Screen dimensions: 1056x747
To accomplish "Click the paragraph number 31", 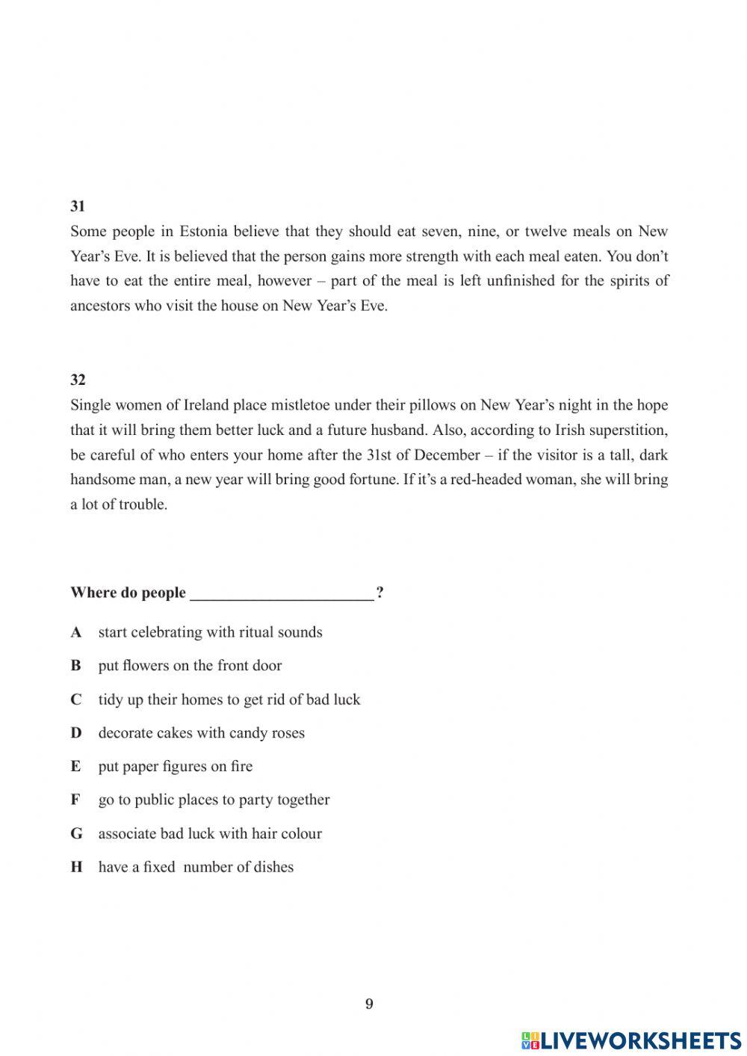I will (78, 206).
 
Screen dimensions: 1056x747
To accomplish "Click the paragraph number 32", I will (78, 380).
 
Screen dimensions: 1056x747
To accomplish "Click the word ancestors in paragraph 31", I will (100, 306).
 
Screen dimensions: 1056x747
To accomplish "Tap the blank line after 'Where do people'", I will (282, 593).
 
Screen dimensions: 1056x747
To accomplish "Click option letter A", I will (76, 632).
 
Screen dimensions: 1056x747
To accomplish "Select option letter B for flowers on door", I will (76, 666).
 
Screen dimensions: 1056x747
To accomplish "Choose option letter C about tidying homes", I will (76, 700).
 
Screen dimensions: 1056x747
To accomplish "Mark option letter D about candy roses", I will (76, 733).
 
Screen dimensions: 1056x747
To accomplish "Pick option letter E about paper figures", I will (76, 767).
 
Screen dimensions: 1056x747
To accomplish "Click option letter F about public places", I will (76, 800).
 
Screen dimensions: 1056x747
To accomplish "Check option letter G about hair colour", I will (76, 833).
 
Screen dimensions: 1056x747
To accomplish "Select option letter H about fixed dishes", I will (76, 867).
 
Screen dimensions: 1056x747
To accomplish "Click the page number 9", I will (369, 1004).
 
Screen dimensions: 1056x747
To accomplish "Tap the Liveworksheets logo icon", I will (530, 1040).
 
